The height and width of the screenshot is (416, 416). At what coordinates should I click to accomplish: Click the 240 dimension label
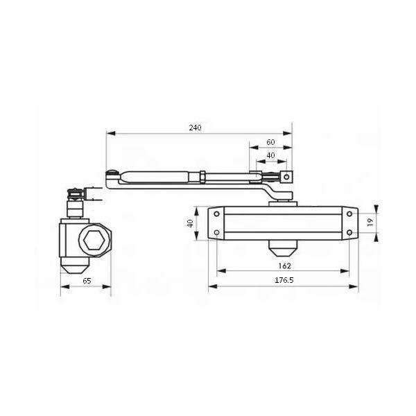195,128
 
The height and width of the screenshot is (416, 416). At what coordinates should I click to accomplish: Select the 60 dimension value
270,142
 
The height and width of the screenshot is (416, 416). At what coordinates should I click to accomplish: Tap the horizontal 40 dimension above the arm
270,155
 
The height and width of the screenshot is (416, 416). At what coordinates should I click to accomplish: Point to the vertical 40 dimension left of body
190,223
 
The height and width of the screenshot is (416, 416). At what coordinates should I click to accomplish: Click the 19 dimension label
370,222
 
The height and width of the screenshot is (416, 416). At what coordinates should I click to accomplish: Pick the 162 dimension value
285,266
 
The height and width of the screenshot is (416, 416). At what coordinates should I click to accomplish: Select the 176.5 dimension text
284,280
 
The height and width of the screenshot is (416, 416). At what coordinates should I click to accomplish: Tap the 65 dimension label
87,281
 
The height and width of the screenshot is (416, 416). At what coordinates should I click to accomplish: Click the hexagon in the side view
94,240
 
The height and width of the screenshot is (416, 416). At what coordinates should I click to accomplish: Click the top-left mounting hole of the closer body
217,214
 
